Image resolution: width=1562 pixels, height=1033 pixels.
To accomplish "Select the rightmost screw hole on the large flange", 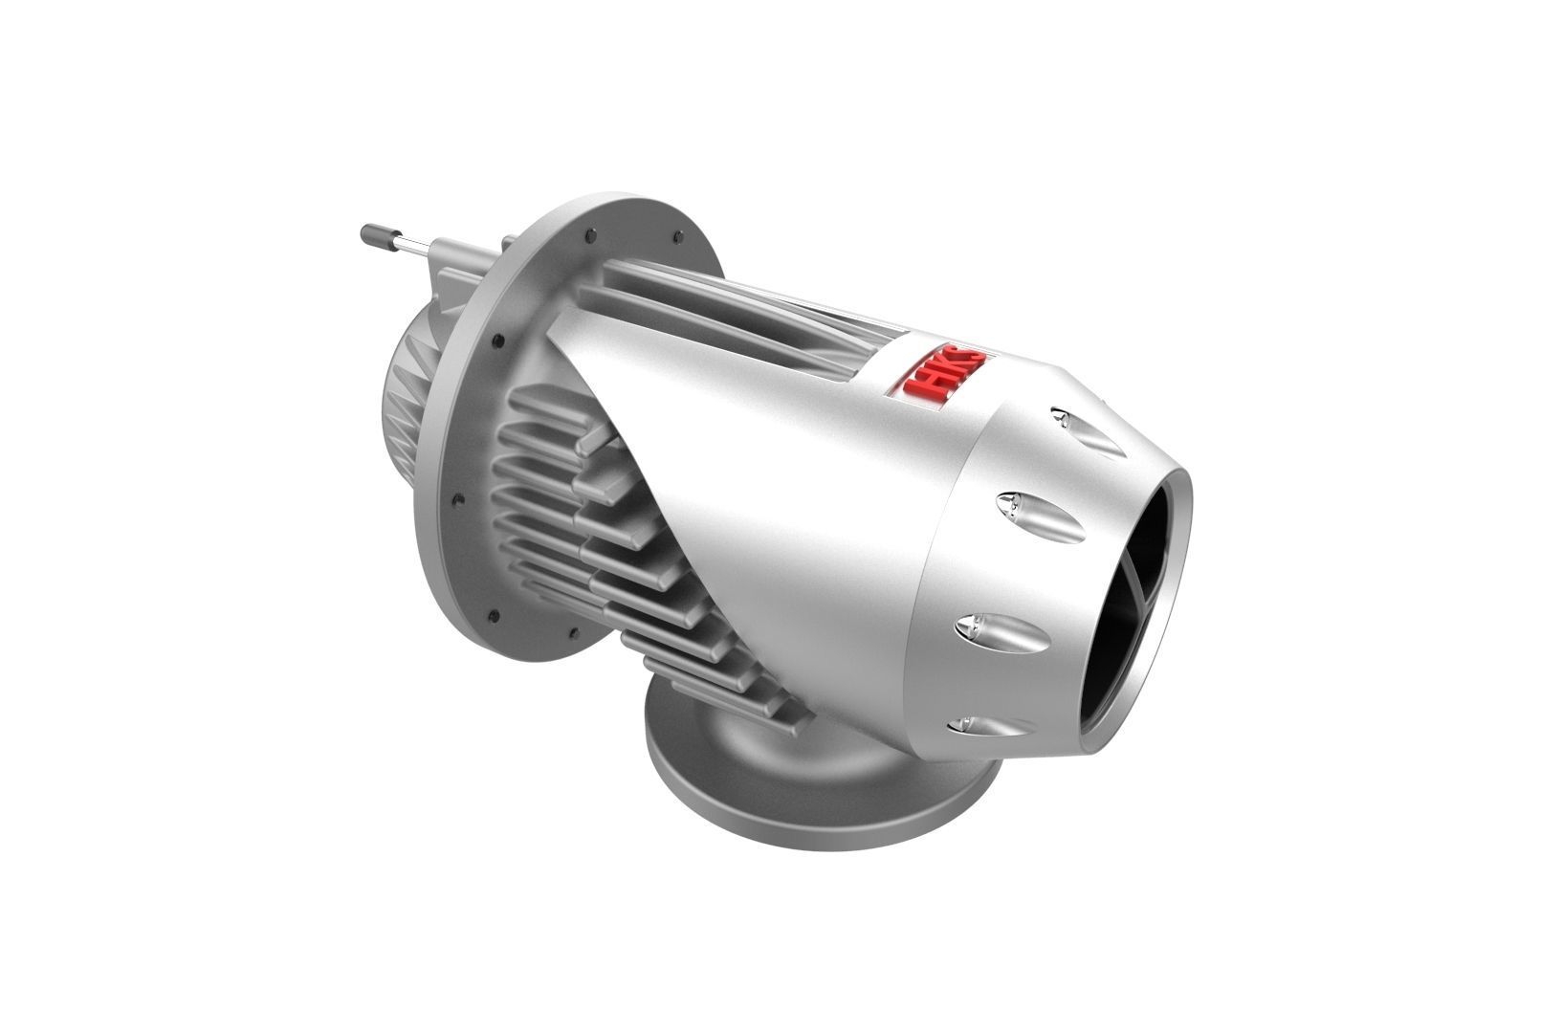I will click(678, 240).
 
